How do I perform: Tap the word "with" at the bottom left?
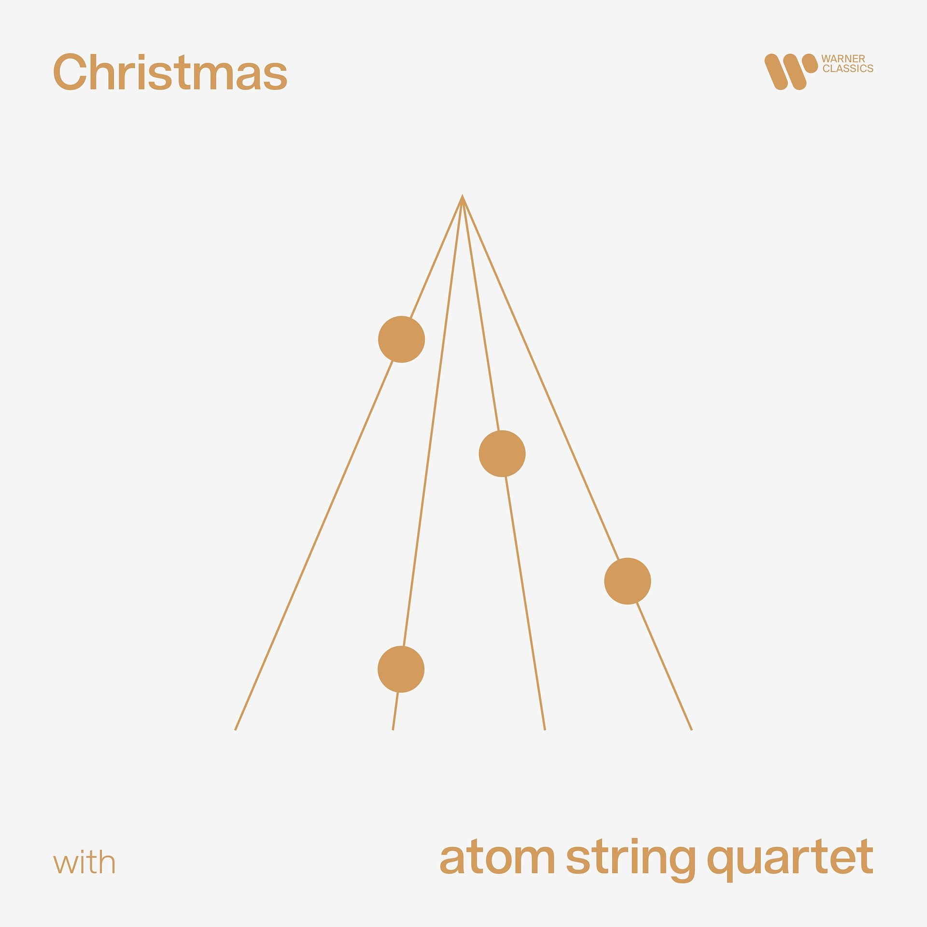(84, 863)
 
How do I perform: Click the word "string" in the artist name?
(630, 858)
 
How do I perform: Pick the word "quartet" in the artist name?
(790, 858)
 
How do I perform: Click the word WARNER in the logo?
(843, 59)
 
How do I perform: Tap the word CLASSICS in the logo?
(848, 69)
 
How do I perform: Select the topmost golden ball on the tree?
(401, 339)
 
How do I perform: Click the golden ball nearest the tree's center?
(502, 454)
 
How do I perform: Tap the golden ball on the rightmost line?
(627, 581)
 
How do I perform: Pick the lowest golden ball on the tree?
(401, 669)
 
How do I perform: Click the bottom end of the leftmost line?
(236, 729)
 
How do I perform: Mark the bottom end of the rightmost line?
(691, 729)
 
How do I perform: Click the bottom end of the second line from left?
(393, 729)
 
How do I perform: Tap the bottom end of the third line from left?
(544, 729)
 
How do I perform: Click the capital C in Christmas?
(70, 72)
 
